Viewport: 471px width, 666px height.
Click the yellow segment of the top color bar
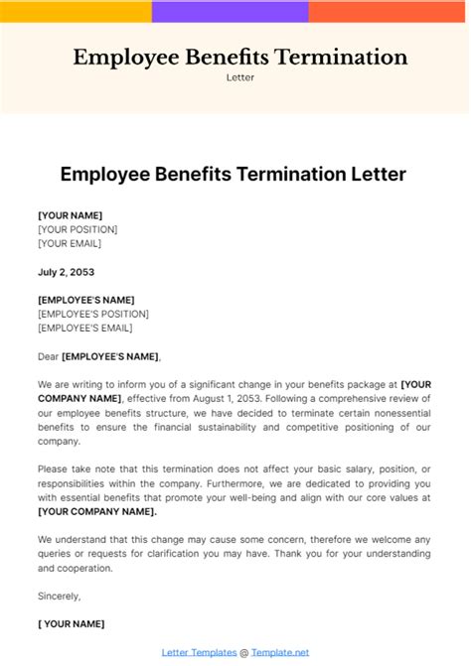[76, 12]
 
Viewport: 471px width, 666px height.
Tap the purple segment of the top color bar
[230, 12]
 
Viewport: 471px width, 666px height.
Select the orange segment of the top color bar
[389, 12]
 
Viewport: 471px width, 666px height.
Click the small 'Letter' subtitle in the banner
[239, 77]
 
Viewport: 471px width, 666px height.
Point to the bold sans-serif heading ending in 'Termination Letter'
[234, 174]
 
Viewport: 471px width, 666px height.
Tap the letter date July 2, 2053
[66, 272]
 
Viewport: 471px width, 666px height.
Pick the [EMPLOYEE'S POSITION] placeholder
[91, 314]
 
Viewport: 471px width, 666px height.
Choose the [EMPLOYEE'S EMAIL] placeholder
[84, 328]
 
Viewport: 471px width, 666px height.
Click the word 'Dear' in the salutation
[48, 356]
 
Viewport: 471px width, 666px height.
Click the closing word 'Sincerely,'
[60, 597]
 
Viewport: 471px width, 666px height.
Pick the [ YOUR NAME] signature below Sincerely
[71, 624]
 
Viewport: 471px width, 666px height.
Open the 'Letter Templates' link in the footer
[199, 652]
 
